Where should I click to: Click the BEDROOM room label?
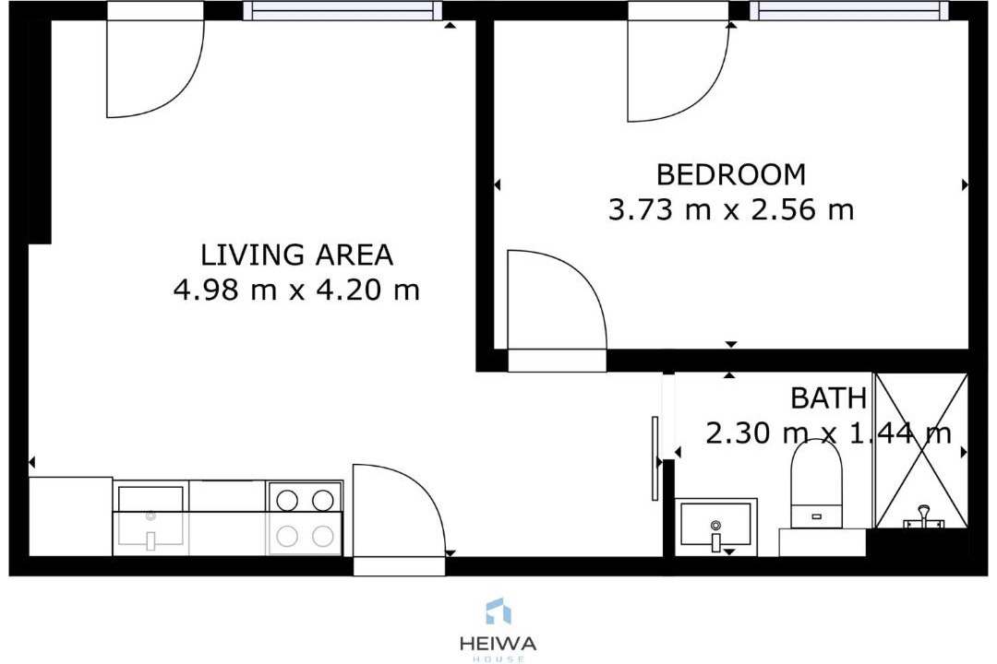[730, 174]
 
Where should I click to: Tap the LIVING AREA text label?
[297, 255]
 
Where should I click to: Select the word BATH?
[828, 398]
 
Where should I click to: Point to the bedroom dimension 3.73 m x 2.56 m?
[730, 209]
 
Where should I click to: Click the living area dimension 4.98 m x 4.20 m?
[297, 290]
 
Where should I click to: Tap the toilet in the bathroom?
[816, 483]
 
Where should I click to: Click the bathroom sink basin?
[715, 524]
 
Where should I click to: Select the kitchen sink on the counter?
[150, 520]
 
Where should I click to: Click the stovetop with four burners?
[306, 518]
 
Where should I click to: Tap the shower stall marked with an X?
[922, 450]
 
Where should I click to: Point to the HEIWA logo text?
[498, 643]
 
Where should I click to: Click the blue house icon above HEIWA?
[498, 611]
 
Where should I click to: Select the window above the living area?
[342, 11]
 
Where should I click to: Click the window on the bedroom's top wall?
[849, 11]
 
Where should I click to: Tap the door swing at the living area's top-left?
[155, 68]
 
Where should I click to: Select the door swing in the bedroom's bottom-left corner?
[557, 300]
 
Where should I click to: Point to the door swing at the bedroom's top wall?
[679, 71]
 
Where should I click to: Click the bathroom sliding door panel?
[655, 458]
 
